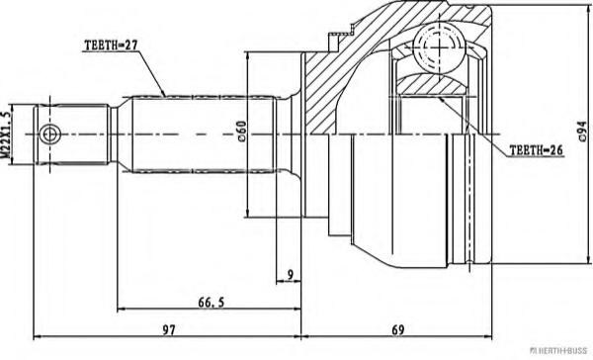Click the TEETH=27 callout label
click(x=111, y=45)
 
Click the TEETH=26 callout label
click(x=537, y=150)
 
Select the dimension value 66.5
click(x=212, y=302)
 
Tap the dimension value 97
click(x=169, y=330)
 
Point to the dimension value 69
click(x=398, y=330)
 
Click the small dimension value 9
click(x=290, y=275)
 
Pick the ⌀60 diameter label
click(x=242, y=132)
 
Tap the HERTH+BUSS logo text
click(x=558, y=351)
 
